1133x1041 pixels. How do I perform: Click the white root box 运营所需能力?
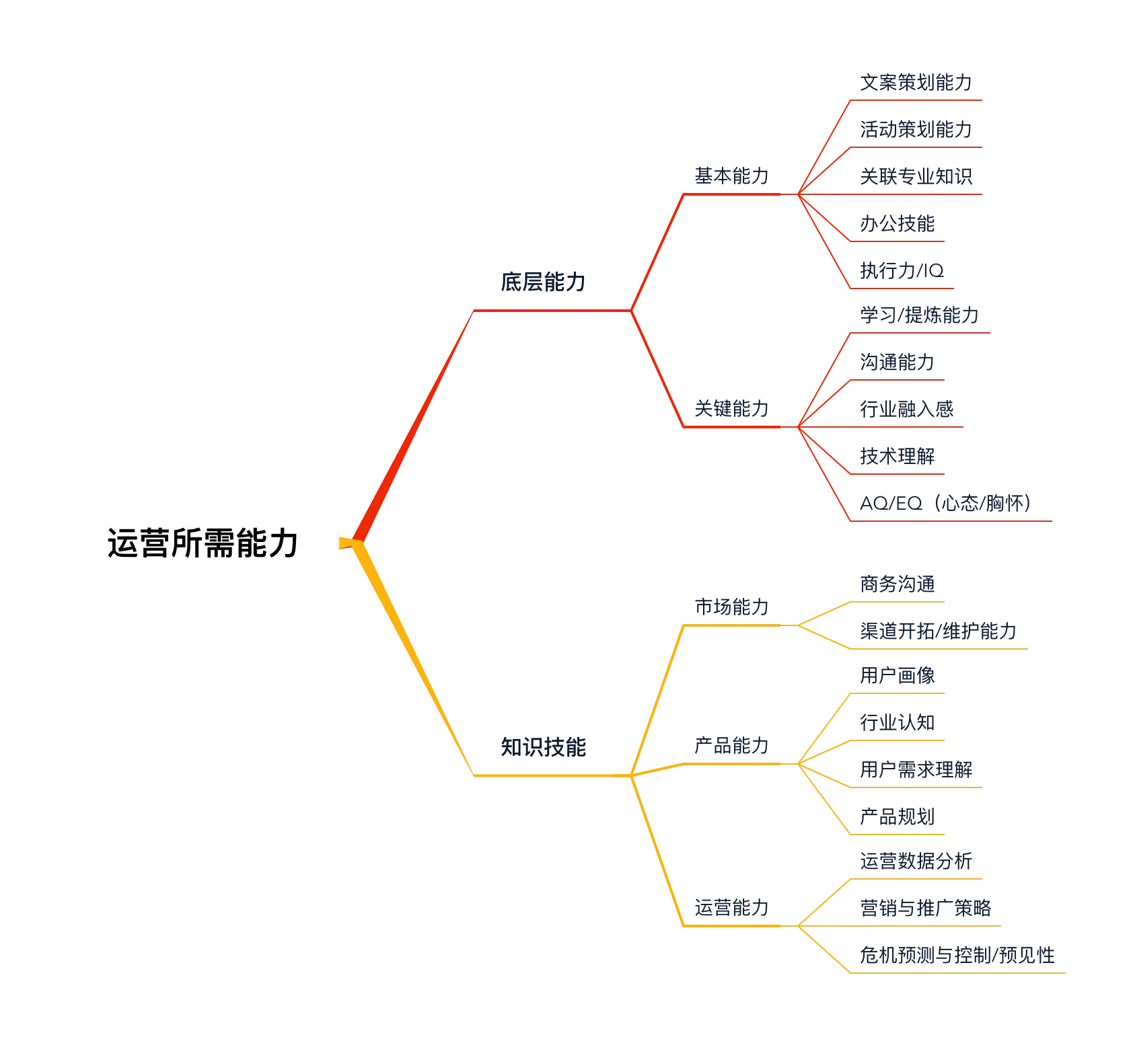[201, 543]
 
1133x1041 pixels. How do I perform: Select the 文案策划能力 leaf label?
[916, 82]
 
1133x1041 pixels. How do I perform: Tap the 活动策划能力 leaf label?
[916, 130]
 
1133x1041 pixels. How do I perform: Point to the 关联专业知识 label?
[916, 178]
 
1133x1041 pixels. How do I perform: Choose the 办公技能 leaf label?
[898, 223]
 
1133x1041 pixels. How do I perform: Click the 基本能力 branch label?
[731, 178]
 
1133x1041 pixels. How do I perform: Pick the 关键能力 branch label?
[731, 409]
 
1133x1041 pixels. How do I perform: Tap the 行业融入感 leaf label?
[907, 409]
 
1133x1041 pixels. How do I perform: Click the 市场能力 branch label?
[731, 609]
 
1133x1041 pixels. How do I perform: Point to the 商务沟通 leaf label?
[898, 584]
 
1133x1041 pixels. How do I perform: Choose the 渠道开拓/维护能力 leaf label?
[937, 631]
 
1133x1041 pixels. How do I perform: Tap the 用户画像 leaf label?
[898, 675]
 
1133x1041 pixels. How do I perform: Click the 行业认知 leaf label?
[898, 722]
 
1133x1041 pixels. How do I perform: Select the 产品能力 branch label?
[731, 746]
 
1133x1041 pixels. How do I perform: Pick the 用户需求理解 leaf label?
[916, 769]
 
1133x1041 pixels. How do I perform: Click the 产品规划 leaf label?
[898, 818]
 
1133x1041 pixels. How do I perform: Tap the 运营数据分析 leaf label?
[916, 861]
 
